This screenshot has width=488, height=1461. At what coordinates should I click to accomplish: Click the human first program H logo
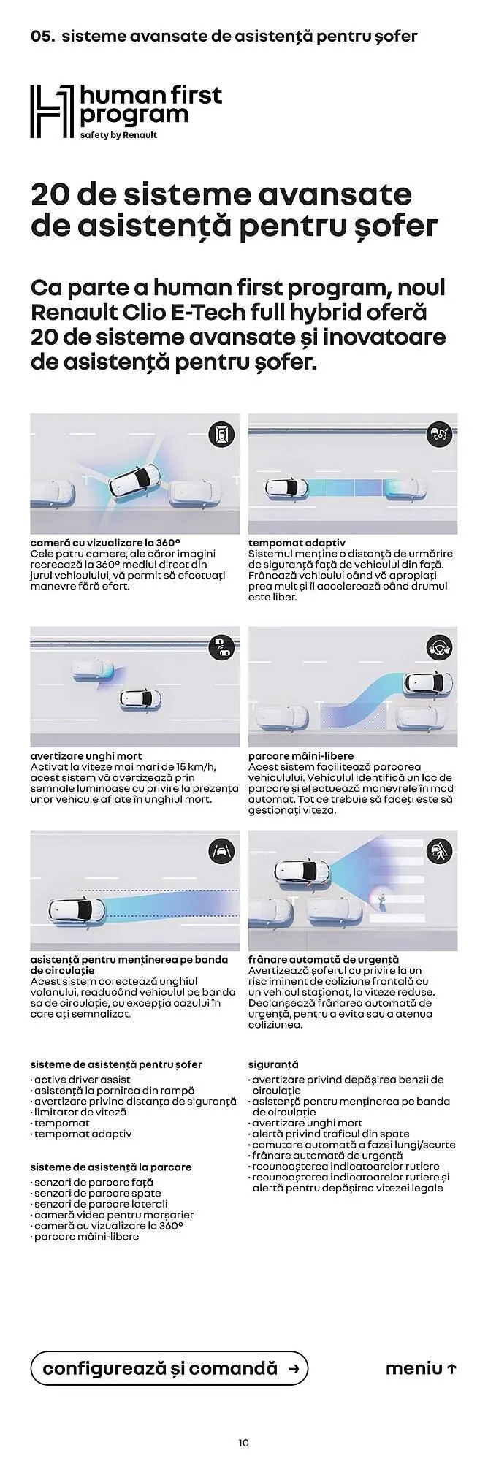click(x=52, y=111)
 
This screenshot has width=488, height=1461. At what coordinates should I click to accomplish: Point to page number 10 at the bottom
click(x=244, y=1442)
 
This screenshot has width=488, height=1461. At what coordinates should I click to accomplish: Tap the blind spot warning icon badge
click(x=221, y=646)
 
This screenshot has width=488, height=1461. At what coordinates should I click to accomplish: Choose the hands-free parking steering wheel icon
click(x=439, y=646)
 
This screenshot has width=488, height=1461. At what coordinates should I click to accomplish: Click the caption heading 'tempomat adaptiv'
click(x=297, y=543)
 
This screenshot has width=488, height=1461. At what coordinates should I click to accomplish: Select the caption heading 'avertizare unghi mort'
click(x=86, y=755)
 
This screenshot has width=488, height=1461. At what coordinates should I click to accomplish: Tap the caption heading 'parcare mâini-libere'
click(x=301, y=755)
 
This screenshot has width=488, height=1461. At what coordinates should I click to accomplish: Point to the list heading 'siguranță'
click(x=273, y=1064)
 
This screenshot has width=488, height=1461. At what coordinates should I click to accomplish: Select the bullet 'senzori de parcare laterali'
click(x=99, y=1204)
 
